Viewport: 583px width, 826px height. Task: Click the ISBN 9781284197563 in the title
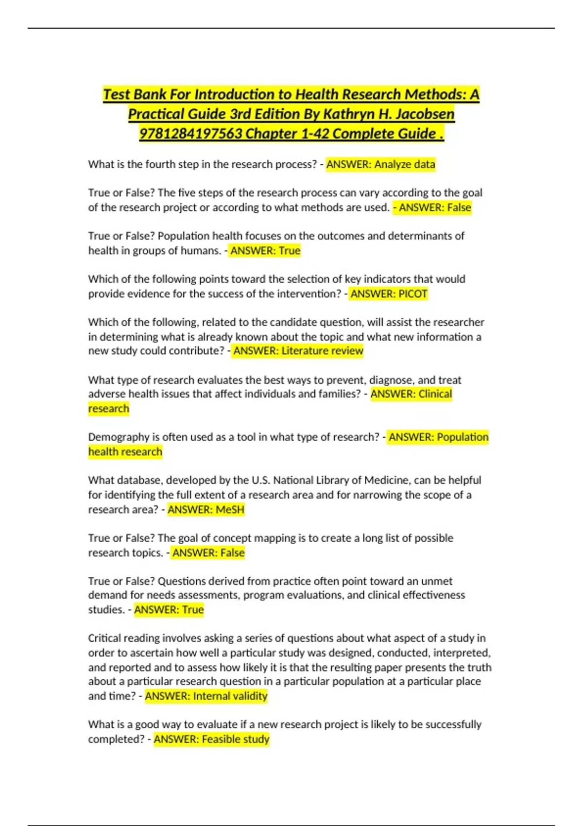tap(190, 134)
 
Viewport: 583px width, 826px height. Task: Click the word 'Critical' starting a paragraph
tap(104, 638)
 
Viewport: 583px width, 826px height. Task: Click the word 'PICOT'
tap(413, 294)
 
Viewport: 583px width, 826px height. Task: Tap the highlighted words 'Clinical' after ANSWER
tap(435, 394)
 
